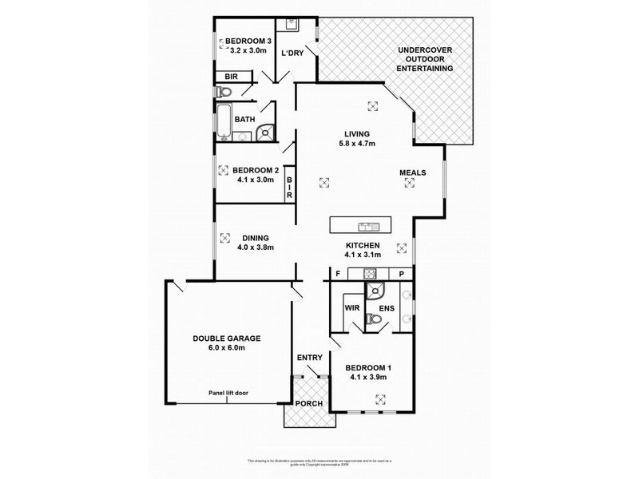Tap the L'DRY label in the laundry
pos(291,53)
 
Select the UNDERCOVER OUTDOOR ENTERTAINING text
pos(426,61)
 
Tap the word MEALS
pos(413,172)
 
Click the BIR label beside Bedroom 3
pos(231,77)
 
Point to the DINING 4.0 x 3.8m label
pos(256,242)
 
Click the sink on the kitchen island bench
pos(368,224)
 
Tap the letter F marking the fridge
pos(338,275)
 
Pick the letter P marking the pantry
pos(402,275)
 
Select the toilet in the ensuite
pos(372,319)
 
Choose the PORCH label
pos(309,404)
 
